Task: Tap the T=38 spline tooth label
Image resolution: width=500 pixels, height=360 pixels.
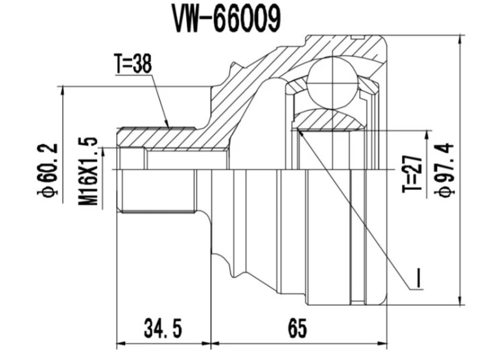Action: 133,64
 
